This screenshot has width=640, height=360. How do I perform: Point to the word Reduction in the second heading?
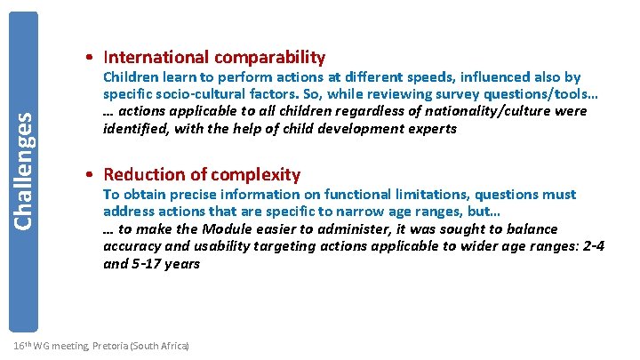141,175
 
